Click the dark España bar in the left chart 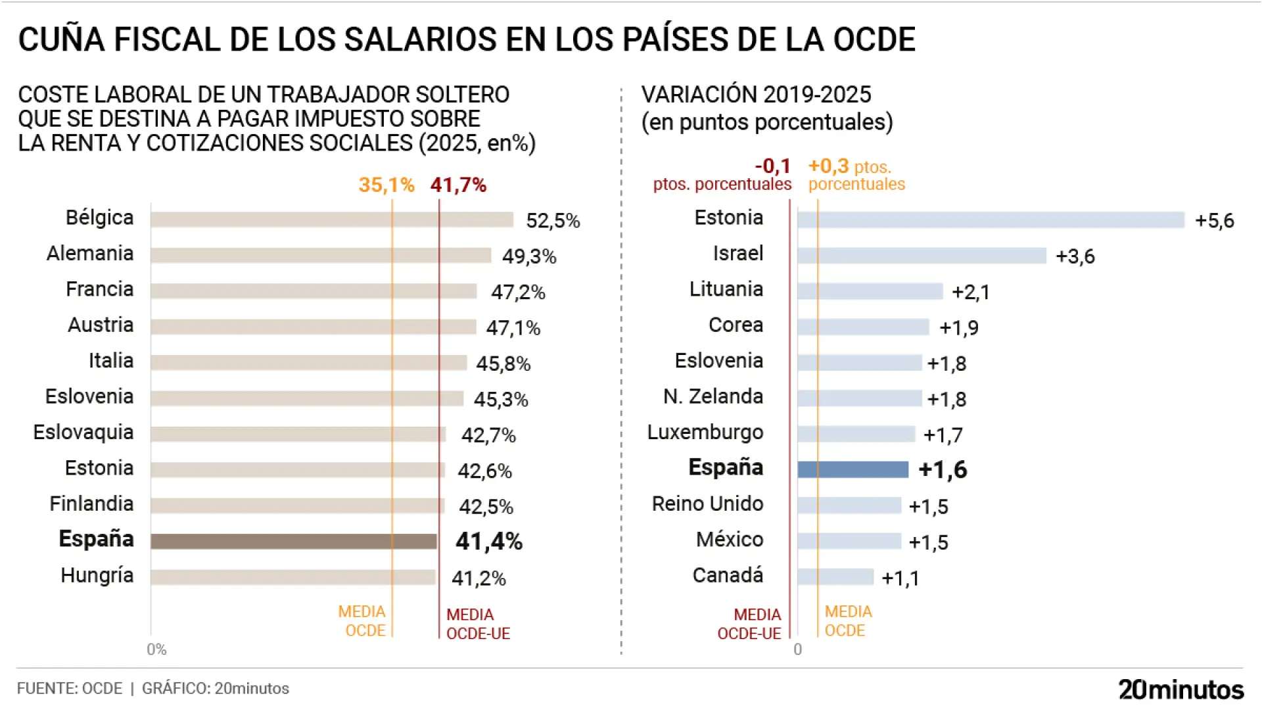click(x=293, y=541)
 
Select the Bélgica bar click(x=331, y=220)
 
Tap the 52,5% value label click(x=553, y=221)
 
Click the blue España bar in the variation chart click(x=853, y=469)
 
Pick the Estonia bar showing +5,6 click(x=991, y=220)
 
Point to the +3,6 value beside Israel click(x=1075, y=256)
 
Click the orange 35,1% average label click(x=386, y=185)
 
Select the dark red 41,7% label click(x=458, y=185)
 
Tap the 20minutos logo click(x=1180, y=690)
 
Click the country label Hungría click(x=97, y=575)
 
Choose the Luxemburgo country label click(x=705, y=433)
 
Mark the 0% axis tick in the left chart click(x=156, y=650)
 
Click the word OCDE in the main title click(x=874, y=39)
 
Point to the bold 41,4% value click(x=489, y=542)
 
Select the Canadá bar click(x=835, y=577)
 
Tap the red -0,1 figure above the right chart click(x=772, y=166)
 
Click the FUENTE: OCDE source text click(x=70, y=688)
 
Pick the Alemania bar click(x=321, y=256)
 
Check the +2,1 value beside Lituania click(x=971, y=292)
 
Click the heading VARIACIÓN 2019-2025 click(x=756, y=95)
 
